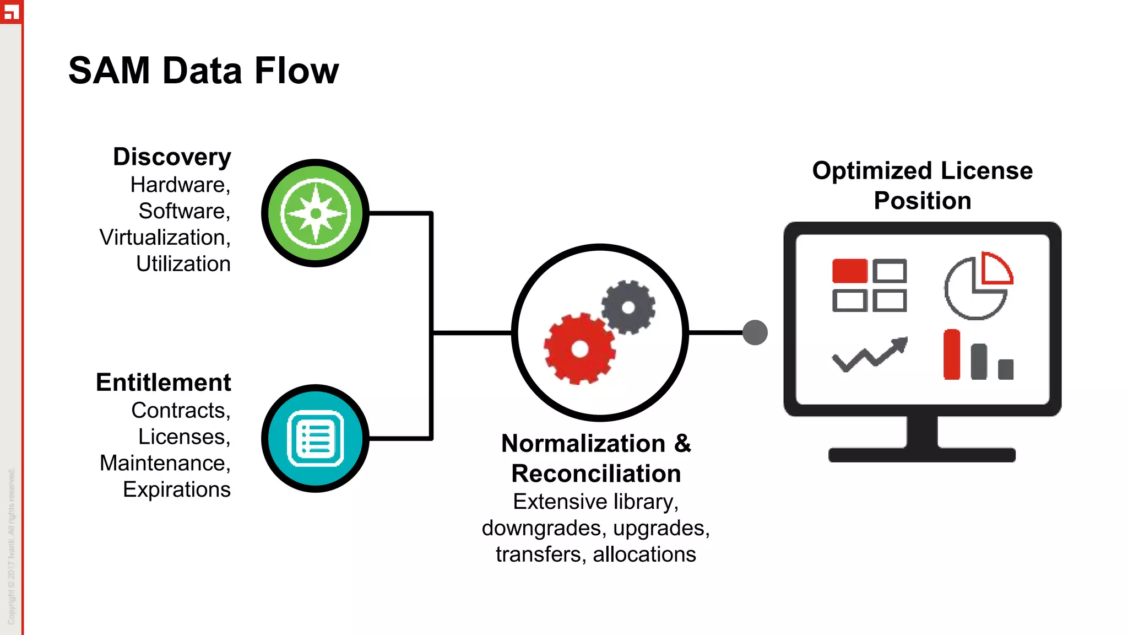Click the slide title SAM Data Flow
(x=203, y=71)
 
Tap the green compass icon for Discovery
(x=316, y=213)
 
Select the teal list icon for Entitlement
(x=316, y=439)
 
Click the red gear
(x=579, y=348)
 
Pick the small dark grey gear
(x=628, y=307)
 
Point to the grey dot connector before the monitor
(x=755, y=332)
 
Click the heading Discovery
(x=172, y=157)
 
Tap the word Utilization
(x=183, y=264)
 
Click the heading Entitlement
(x=163, y=383)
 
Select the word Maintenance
(x=163, y=463)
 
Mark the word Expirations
(x=176, y=489)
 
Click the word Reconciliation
(x=596, y=473)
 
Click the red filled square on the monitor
(x=849, y=271)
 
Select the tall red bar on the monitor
(x=951, y=355)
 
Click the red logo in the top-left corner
(x=11, y=11)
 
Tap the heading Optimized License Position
(x=922, y=185)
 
